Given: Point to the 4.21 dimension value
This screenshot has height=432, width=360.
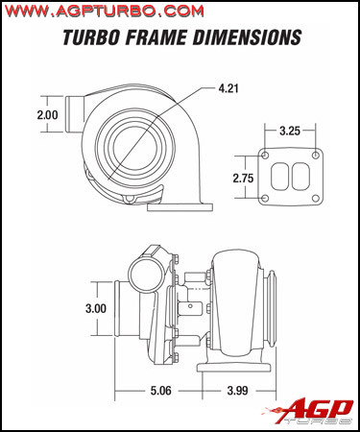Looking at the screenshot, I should coord(228,88).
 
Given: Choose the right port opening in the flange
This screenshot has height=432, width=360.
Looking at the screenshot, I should coord(299,177).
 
